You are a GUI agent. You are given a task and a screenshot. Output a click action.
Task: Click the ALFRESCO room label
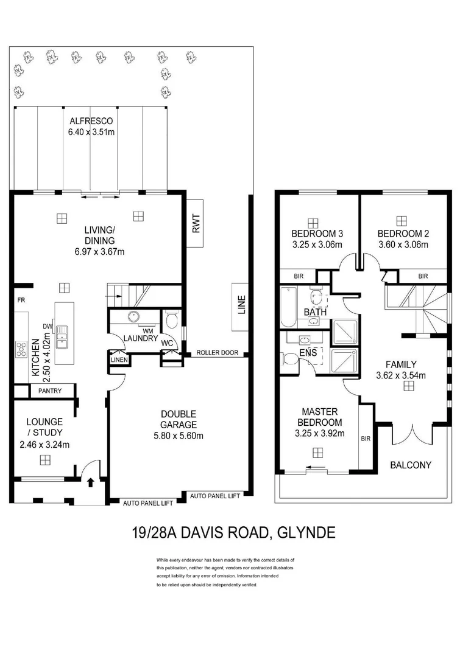(91, 120)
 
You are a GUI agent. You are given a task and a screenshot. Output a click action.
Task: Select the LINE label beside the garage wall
(241, 304)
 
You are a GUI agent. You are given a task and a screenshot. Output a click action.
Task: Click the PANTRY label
(49, 391)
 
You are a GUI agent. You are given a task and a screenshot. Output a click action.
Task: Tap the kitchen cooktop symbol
(21, 349)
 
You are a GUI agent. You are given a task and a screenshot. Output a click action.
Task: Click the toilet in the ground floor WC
(171, 319)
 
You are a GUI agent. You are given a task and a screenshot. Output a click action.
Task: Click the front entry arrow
(91, 482)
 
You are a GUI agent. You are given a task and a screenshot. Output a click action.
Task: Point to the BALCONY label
(411, 465)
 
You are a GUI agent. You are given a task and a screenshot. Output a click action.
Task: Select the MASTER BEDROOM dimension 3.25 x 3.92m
(320, 433)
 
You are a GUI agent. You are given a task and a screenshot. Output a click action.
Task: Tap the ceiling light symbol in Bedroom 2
(401, 221)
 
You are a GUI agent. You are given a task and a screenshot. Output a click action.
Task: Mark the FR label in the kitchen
(21, 300)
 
